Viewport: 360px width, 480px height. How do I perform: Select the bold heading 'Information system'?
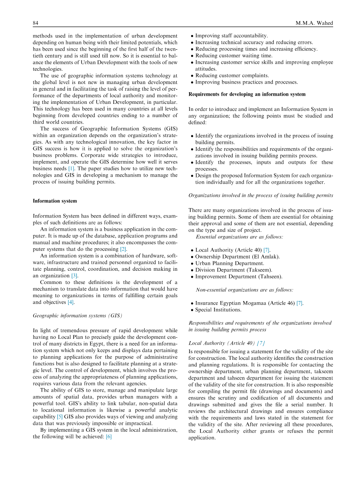tap(55, 201)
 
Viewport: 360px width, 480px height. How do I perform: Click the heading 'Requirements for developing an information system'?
tap(247, 94)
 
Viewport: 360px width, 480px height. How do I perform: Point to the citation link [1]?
tap(71, 168)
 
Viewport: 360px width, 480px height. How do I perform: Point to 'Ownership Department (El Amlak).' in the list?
tap(237, 256)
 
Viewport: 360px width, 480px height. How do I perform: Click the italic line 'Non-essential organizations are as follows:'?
tap(244, 290)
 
